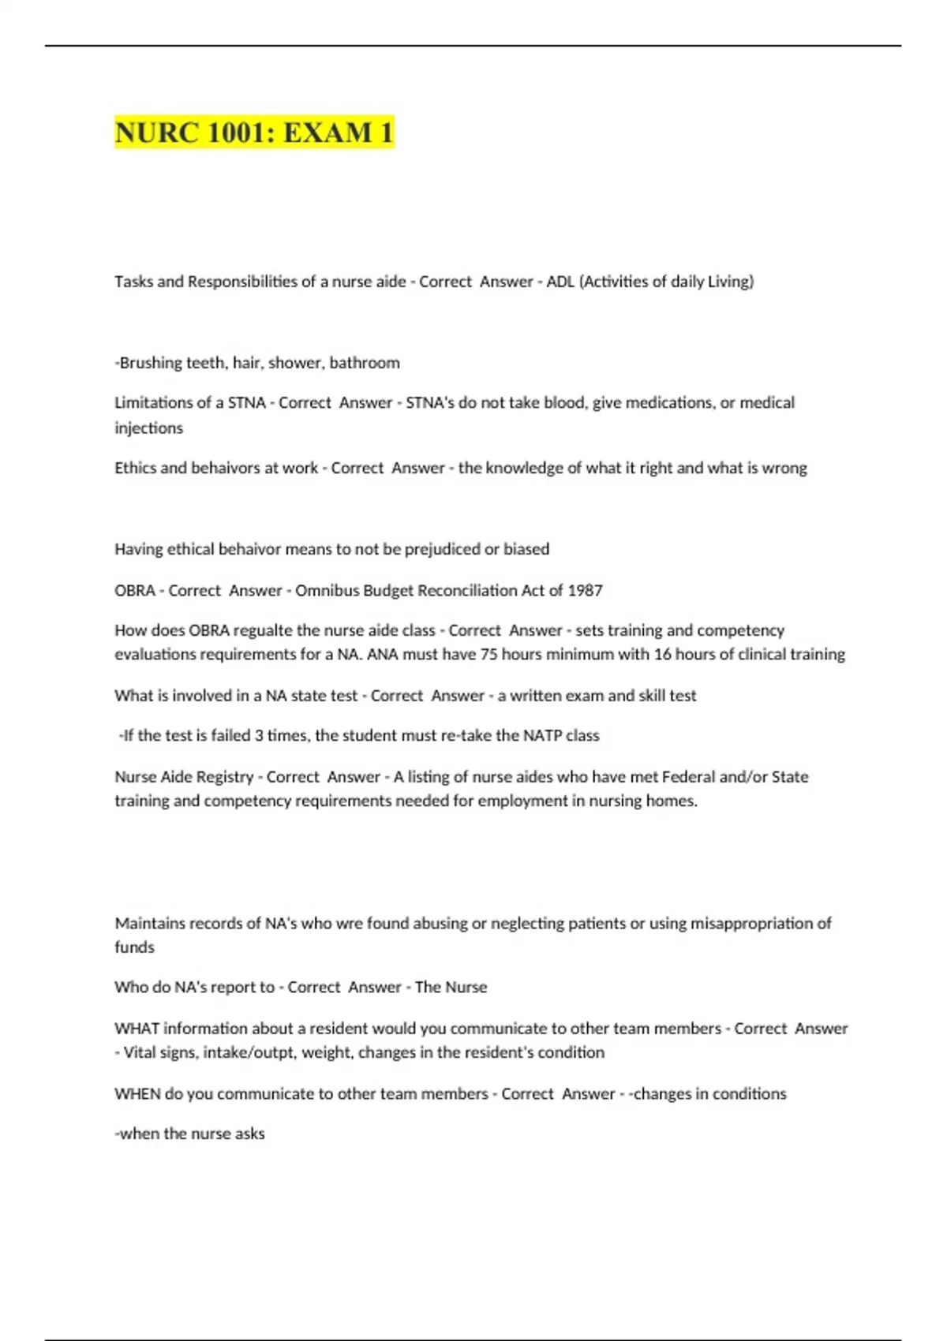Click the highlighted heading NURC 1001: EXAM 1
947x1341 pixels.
pyautogui.click(x=254, y=133)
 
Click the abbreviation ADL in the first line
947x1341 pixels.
pyautogui.click(x=560, y=282)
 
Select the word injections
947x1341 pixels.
pyautogui.click(x=148, y=428)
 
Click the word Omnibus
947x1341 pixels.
pyautogui.click(x=326, y=590)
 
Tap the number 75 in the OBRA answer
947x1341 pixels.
pyautogui.click(x=488, y=654)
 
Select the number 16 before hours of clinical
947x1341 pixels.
pyautogui.click(x=662, y=654)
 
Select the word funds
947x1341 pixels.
pyautogui.click(x=134, y=947)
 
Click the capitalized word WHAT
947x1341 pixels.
pyautogui.click(x=137, y=1028)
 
